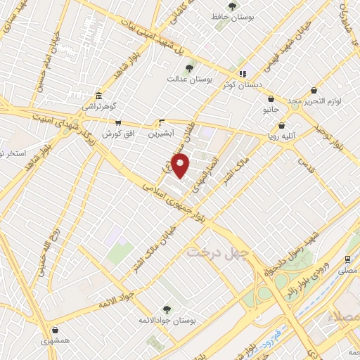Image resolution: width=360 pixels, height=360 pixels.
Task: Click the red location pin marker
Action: [x=181, y=167]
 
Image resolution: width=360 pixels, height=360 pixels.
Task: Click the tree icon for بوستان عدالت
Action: [x=189, y=67]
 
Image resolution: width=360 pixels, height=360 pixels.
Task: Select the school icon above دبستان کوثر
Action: [x=243, y=73]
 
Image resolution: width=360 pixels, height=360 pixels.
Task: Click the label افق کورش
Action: [x=117, y=133]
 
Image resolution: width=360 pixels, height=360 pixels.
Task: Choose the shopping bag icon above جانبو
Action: [x=271, y=99]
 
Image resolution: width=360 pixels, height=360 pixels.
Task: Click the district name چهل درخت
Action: [x=213, y=251]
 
